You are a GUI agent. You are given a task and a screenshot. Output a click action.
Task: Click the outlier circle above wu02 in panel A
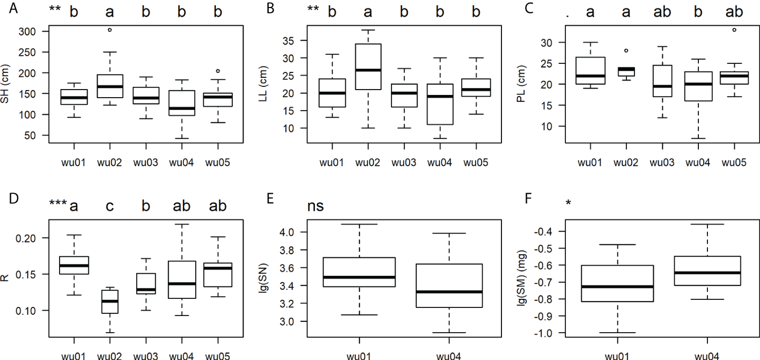point(109,30)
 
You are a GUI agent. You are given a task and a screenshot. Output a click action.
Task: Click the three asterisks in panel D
point(57,203)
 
